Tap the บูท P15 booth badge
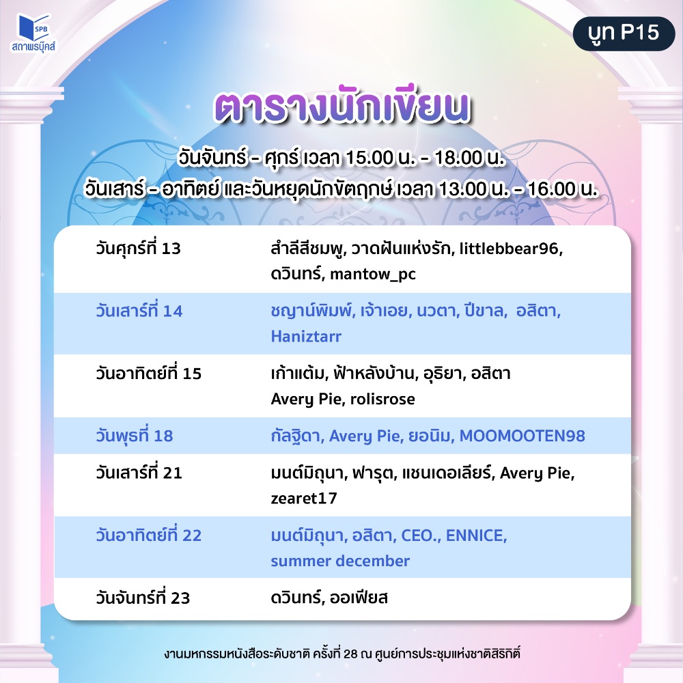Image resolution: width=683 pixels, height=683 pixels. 624,33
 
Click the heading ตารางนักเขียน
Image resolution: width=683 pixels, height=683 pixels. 342,107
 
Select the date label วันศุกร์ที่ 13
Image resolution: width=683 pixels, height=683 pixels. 138,249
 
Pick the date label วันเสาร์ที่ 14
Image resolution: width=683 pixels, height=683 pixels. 139,311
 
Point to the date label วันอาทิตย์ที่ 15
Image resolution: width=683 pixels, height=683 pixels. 148,374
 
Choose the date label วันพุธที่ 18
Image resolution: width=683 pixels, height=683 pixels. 134,436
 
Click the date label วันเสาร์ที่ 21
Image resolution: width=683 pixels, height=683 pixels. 139,473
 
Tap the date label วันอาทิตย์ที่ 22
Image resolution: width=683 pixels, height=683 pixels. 148,535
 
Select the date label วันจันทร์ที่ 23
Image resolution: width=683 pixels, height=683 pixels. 143,598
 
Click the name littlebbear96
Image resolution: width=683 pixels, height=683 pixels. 510,249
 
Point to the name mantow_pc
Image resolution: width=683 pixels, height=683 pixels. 373,275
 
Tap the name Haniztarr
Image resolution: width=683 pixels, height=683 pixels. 306,336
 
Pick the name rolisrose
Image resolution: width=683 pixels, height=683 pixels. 382,399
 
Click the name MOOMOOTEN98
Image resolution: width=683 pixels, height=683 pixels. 522,436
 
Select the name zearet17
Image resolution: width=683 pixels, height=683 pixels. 304,499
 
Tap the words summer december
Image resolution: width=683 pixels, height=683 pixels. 340,561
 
